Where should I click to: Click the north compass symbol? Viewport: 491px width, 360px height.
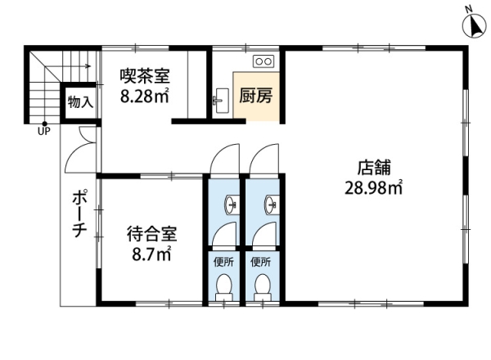(x=473, y=26)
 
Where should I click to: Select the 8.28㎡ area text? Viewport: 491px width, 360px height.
(x=145, y=97)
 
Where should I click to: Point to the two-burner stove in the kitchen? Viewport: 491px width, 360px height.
(x=264, y=61)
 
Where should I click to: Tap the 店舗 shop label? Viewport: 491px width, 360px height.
(x=372, y=169)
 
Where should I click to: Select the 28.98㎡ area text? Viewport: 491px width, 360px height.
(x=373, y=189)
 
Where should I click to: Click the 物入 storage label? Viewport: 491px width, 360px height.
(x=79, y=103)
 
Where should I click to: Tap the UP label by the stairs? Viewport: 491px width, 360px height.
(x=43, y=133)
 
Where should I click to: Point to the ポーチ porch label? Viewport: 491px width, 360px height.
(x=79, y=214)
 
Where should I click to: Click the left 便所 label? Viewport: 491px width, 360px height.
(x=222, y=263)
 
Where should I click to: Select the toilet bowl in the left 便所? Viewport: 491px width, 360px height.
(x=222, y=286)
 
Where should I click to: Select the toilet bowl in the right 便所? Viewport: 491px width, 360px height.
(x=262, y=286)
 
